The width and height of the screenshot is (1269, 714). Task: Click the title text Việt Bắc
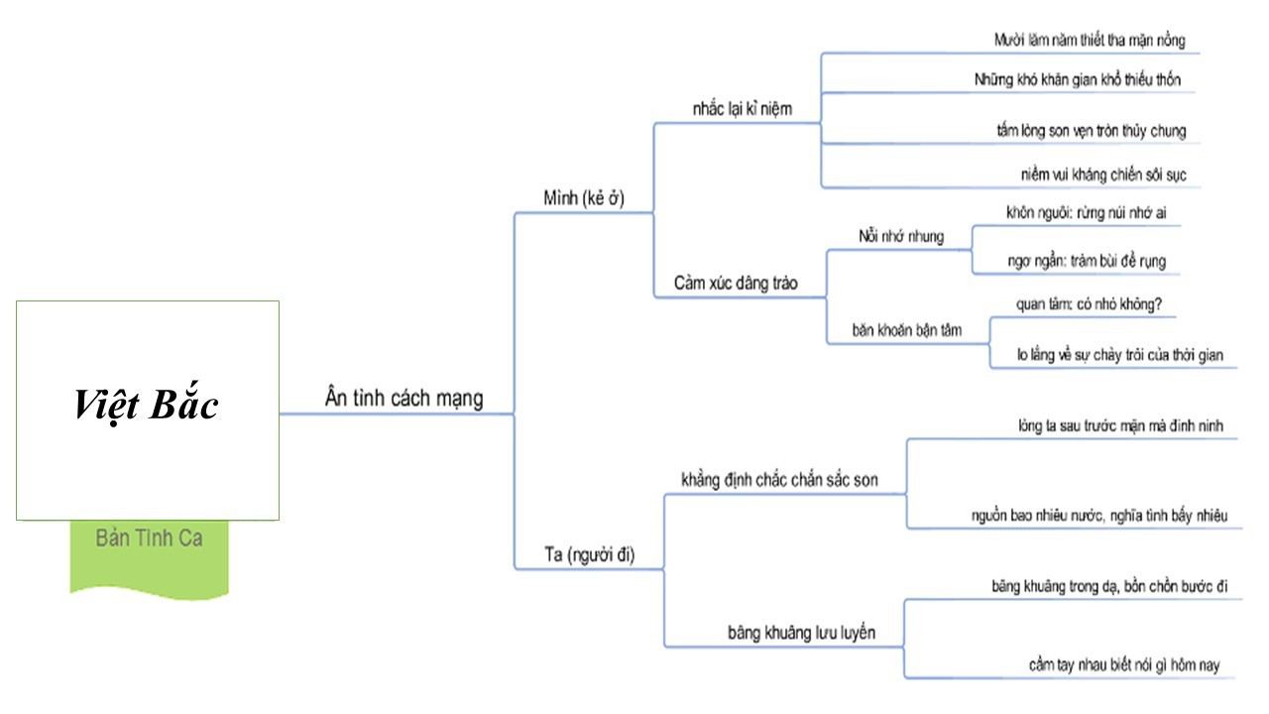pyautogui.click(x=147, y=406)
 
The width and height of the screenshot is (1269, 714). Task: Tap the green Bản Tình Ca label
pyautogui.click(x=149, y=538)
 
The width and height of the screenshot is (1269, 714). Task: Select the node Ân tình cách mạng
pyautogui.click(x=404, y=399)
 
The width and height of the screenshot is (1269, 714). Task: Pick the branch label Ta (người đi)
pyautogui.click(x=590, y=555)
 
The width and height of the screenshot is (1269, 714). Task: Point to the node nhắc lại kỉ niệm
pyautogui.click(x=743, y=109)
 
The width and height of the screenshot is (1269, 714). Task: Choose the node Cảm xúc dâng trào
pyautogui.click(x=736, y=284)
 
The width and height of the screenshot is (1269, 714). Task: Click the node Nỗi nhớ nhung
pyautogui.click(x=900, y=236)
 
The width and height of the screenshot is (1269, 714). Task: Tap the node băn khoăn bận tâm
pyautogui.click(x=906, y=329)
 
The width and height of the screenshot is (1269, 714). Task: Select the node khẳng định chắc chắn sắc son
pyautogui.click(x=779, y=481)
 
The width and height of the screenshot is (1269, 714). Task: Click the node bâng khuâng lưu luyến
pyautogui.click(x=801, y=633)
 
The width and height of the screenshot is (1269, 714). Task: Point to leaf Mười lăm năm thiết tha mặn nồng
pyautogui.click(x=1090, y=41)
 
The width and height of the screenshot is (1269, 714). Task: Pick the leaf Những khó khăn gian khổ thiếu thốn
pyautogui.click(x=1078, y=80)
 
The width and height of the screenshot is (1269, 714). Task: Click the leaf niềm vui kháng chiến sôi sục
pyautogui.click(x=1103, y=175)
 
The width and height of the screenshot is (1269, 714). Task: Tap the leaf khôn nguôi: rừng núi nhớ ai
pyautogui.click(x=1079, y=212)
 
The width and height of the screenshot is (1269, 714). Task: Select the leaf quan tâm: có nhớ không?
pyautogui.click(x=1076, y=305)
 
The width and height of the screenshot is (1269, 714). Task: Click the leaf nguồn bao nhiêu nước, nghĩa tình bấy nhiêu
pyautogui.click(x=1099, y=515)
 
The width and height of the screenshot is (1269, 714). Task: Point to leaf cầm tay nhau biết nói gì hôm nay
pyautogui.click(x=1123, y=664)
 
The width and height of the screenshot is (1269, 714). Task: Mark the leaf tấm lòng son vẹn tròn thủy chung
pyautogui.click(x=1091, y=130)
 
